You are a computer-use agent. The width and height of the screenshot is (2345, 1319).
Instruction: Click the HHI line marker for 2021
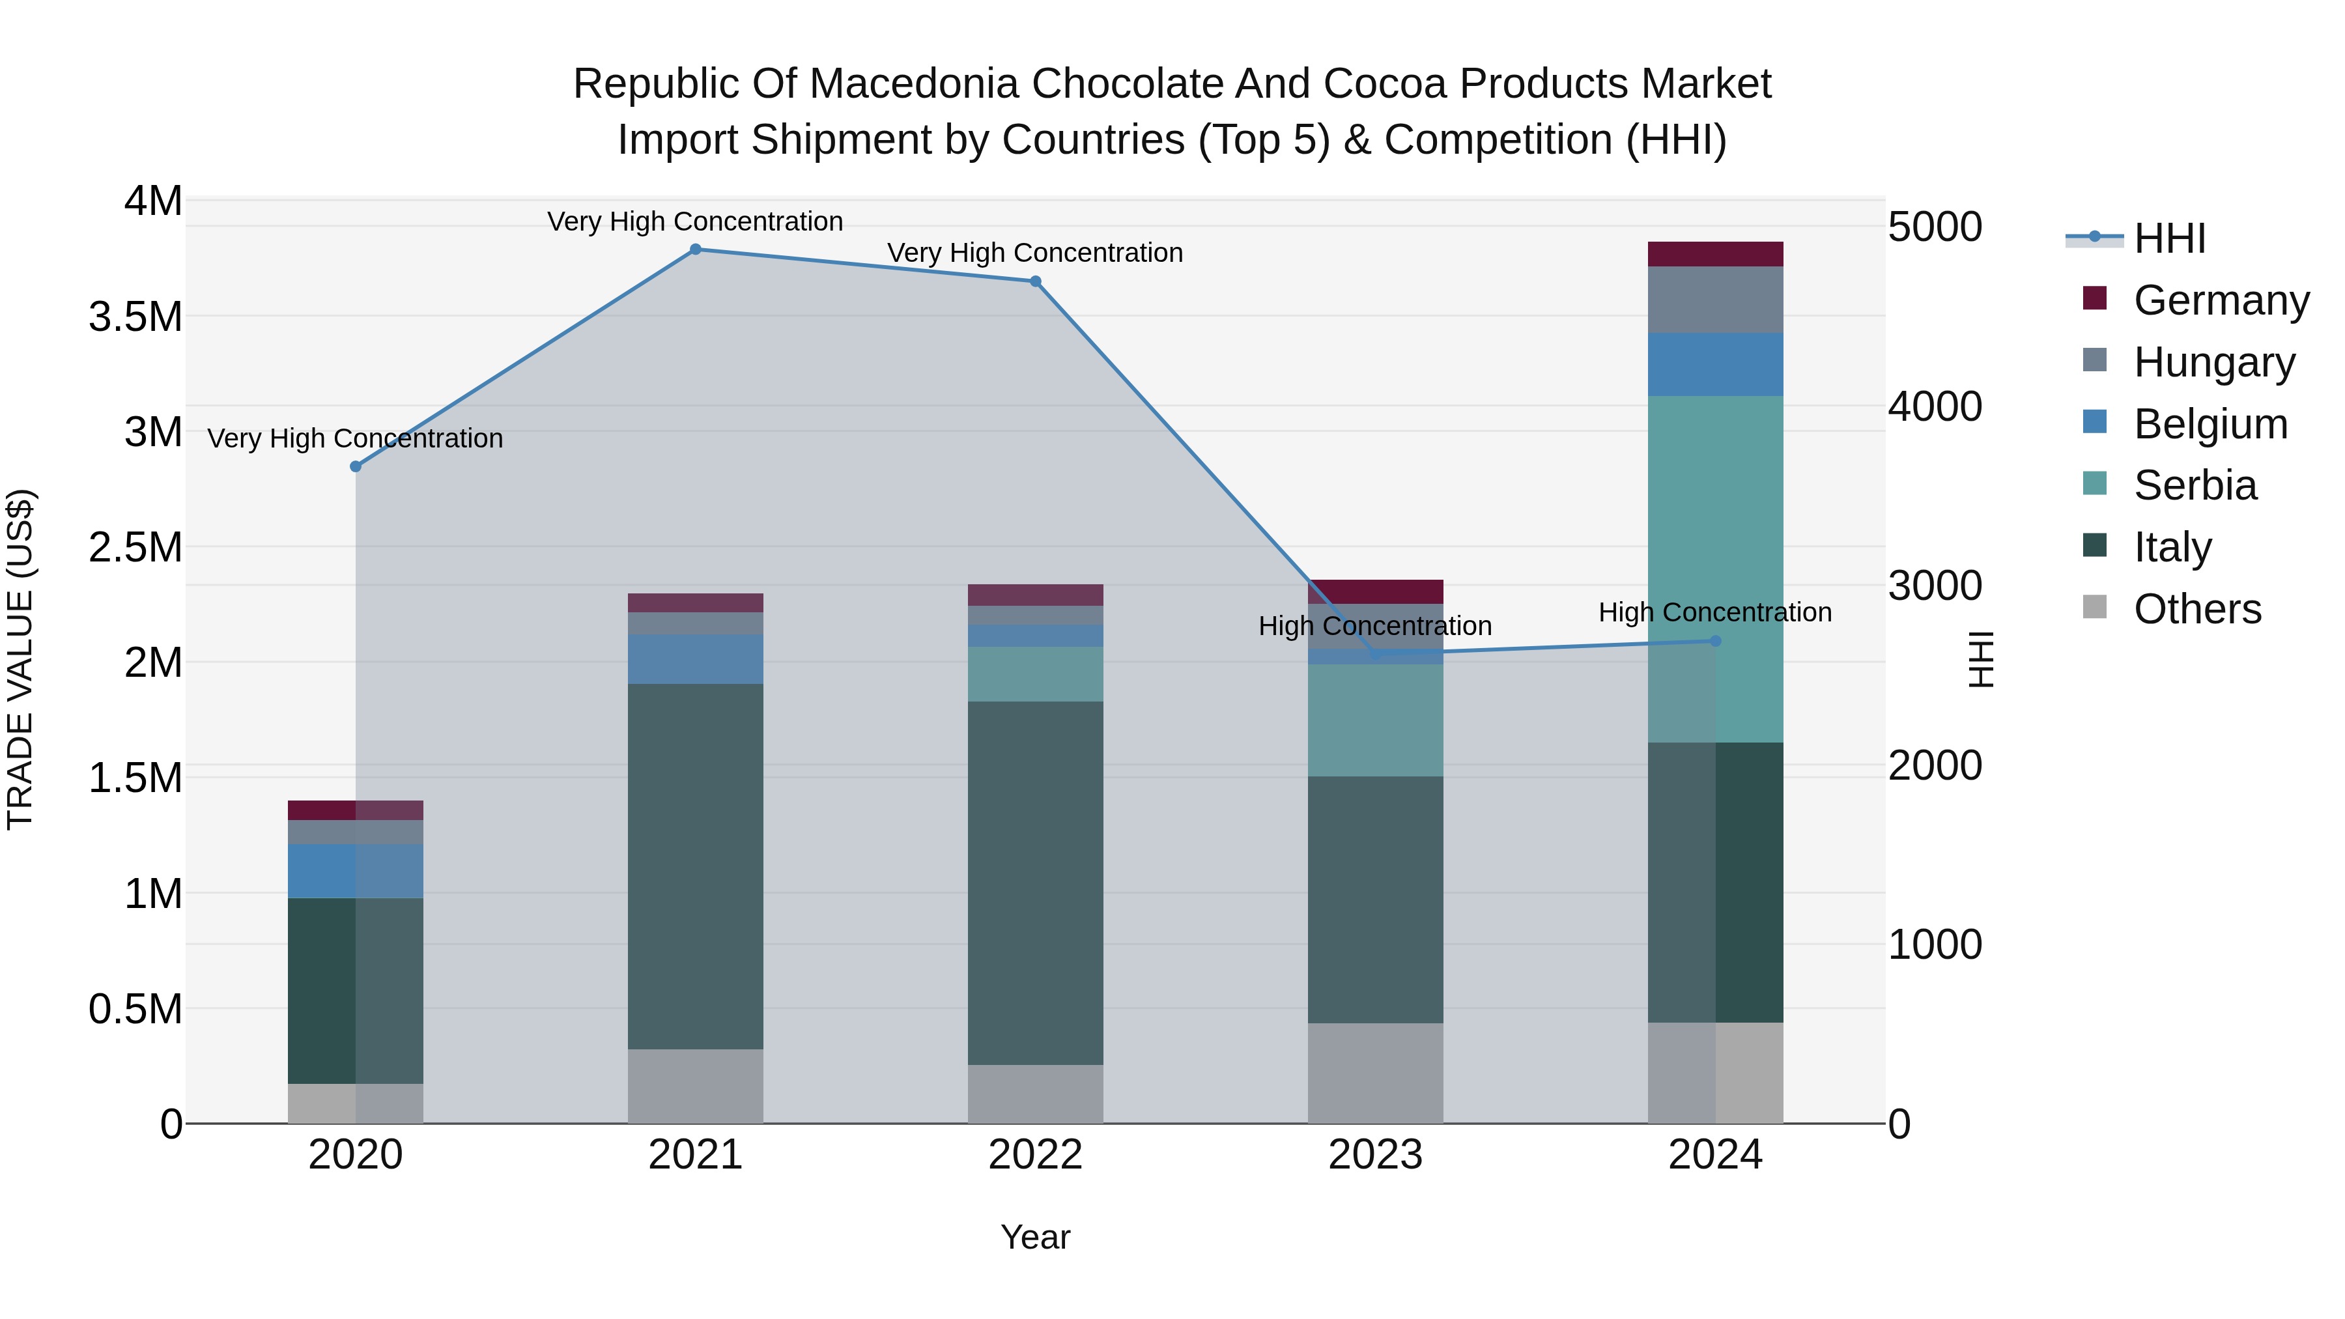[x=696, y=249]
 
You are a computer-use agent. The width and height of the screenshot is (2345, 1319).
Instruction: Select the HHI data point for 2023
[x=1376, y=653]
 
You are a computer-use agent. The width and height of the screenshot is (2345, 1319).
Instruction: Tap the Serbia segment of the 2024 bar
[x=1715, y=569]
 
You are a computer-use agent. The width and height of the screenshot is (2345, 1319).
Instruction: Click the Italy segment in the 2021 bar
[x=696, y=866]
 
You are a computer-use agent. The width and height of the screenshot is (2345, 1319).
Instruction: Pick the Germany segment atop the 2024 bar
[x=1715, y=254]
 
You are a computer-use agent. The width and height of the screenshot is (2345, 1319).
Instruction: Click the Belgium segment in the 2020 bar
[x=355, y=871]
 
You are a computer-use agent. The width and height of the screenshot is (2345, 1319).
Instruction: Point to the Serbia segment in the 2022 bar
[x=1035, y=674]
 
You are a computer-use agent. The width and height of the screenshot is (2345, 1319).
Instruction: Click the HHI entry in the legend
[x=2168, y=238]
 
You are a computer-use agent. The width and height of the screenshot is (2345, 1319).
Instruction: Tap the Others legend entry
[x=2196, y=609]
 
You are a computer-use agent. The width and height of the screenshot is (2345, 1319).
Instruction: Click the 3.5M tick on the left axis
[x=135, y=317]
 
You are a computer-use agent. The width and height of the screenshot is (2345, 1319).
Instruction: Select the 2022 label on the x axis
[x=1035, y=1155]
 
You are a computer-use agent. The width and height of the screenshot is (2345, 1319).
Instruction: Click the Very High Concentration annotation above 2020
[x=355, y=439]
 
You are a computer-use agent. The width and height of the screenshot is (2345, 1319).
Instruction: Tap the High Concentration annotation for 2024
[x=1715, y=613]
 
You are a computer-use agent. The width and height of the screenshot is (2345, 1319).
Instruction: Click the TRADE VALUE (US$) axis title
[x=20, y=659]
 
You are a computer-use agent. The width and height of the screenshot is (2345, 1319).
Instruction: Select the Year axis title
[x=1035, y=1237]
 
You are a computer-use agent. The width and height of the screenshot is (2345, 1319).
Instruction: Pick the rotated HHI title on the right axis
[x=1981, y=659]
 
